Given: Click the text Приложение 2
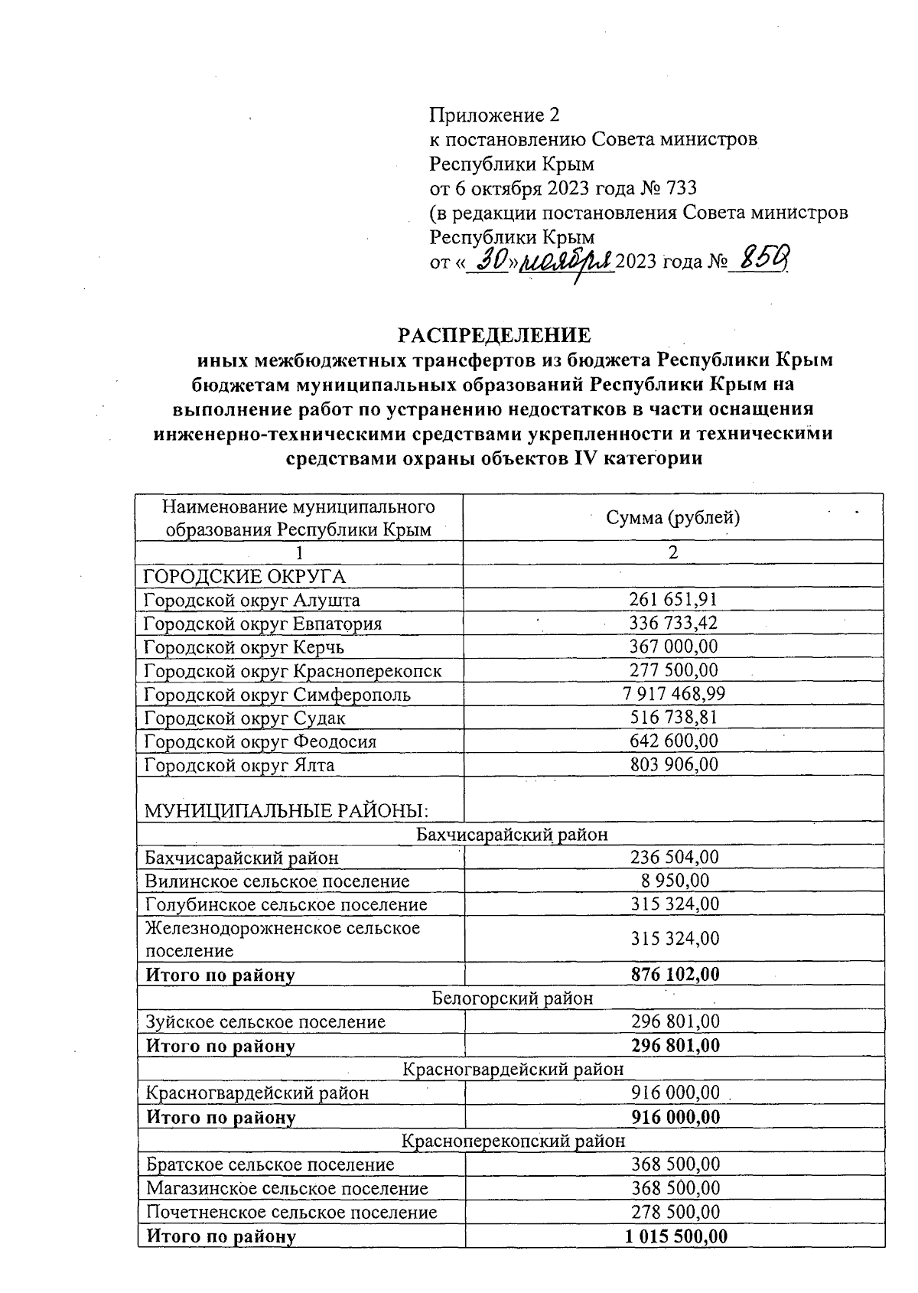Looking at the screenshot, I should [494, 116].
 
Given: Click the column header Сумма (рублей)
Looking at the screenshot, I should [672, 518].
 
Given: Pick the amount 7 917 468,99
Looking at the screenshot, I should [673, 694].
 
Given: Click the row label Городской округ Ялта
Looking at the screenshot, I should [239, 765].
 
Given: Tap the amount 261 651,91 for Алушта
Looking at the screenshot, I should [673, 599].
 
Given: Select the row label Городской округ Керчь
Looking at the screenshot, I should [244, 647].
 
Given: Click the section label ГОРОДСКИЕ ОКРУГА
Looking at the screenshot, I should [240, 576].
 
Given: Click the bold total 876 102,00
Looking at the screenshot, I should [675, 975].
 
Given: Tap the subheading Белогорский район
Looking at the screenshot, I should [512, 998].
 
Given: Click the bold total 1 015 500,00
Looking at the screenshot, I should [675, 1236].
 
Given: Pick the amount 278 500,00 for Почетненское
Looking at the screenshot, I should [675, 1212].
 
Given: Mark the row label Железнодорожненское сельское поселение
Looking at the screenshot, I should [282, 940].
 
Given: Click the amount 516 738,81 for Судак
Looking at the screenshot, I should [673, 718].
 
